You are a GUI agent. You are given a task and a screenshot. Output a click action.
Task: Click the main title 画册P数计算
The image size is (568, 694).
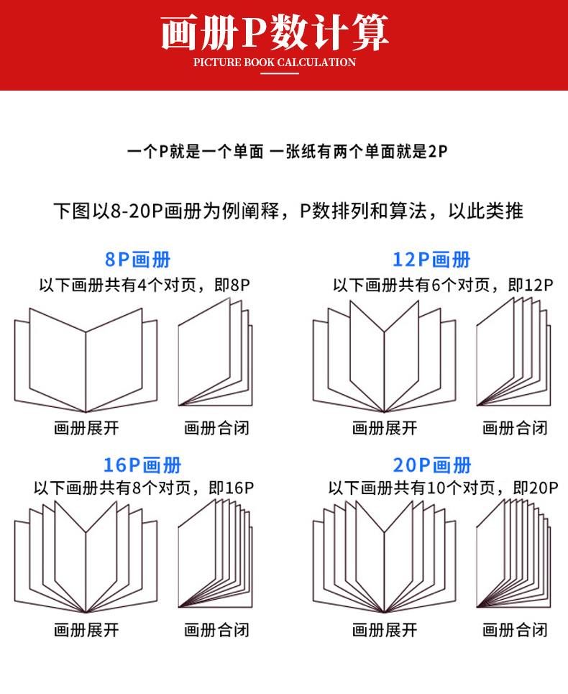[x=275, y=32]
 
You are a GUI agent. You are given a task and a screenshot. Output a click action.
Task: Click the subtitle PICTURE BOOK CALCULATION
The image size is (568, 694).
[x=275, y=63]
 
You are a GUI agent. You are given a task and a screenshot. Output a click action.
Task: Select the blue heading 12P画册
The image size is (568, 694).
[x=431, y=260]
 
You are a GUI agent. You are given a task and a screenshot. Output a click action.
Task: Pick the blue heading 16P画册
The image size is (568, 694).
[x=142, y=465]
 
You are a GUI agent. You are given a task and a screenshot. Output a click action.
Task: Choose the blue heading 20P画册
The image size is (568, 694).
[x=433, y=465]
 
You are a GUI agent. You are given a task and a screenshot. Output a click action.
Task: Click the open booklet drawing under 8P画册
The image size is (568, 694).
[x=86, y=360]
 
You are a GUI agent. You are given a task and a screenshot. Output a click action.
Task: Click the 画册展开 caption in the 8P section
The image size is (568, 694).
[x=86, y=429]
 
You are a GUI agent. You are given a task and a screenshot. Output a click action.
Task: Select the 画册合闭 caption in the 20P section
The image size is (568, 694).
[x=515, y=631]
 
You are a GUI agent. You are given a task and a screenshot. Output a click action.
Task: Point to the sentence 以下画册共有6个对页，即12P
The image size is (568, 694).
[x=443, y=285]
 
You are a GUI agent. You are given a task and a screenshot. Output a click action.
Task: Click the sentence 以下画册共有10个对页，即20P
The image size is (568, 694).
[x=443, y=488]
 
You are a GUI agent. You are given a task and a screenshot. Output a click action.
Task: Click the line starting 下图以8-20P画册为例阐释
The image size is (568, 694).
[x=288, y=211]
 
